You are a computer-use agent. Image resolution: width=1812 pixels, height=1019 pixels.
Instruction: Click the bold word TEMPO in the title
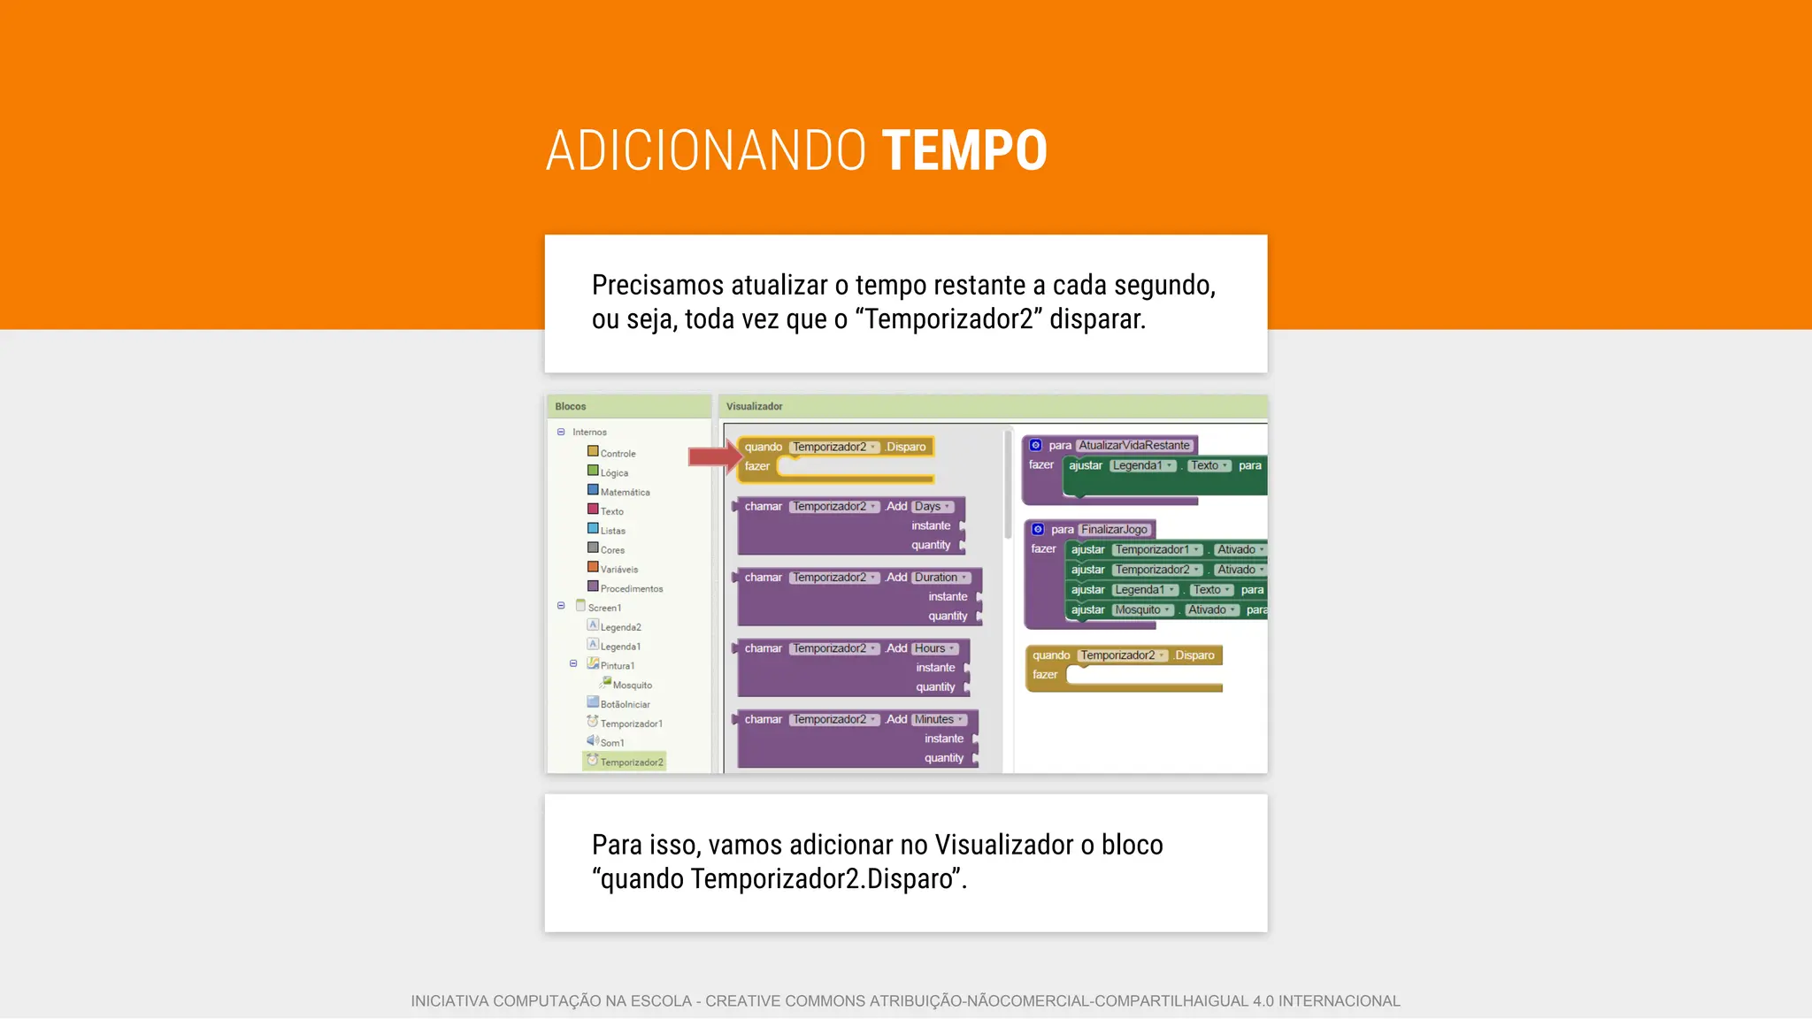pyautogui.click(x=964, y=150)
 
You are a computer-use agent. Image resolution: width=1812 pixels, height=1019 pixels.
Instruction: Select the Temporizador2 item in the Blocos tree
pyautogui.click(x=631, y=762)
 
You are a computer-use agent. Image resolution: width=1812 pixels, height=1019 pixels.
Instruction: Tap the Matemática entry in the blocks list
pyautogui.click(x=625, y=492)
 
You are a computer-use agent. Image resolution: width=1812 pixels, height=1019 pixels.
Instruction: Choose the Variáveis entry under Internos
pyautogui.click(x=618, y=569)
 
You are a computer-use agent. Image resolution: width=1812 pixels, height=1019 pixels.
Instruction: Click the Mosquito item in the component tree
pyautogui.click(x=632, y=685)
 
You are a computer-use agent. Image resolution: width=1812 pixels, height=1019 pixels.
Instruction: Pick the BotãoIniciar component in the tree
pyautogui.click(x=625, y=704)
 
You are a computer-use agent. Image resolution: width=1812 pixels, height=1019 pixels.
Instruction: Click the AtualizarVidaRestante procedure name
pyautogui.click(x=1134, y=445)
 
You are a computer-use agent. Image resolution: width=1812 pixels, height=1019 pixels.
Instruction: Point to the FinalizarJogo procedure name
pyautogui.click(x=1114, y=529)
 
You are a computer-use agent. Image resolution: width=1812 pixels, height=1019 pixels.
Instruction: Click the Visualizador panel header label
pyautogui.click(x=754, y=406)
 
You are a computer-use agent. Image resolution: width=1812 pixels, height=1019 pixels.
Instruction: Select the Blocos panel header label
pyautogui.click(x=571, y=406)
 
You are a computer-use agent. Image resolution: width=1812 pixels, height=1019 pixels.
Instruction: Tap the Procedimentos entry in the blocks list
pyautogui.click(x=631, y=588)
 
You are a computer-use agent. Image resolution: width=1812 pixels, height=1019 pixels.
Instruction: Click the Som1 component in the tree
pyautogui.click(x=611, y=742)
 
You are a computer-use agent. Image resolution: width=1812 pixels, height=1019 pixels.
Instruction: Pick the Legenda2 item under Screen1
pyautogui.click(x=620, y=627)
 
